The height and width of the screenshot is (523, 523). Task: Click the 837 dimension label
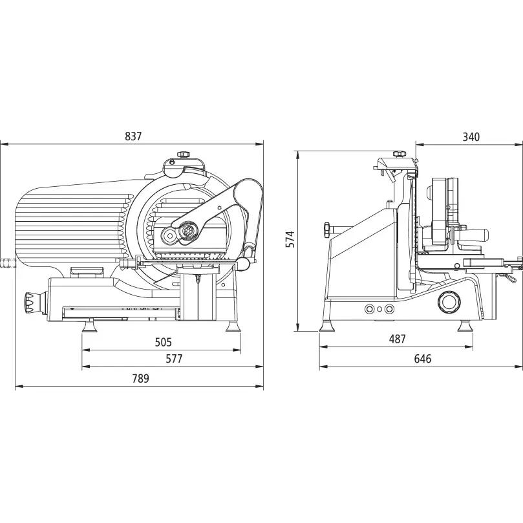point(133,136)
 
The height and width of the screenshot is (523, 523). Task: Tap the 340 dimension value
point(471,137)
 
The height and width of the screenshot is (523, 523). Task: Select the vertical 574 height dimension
point(290,239)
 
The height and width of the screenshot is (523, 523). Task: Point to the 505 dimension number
point(163,342)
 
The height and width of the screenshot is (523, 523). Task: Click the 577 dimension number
point(174,359)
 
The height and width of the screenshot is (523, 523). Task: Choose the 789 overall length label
point(140,379)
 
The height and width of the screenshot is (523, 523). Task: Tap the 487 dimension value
point(397,339)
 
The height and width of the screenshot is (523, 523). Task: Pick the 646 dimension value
point(423,359)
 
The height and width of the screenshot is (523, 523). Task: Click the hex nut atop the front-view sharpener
point(184,155)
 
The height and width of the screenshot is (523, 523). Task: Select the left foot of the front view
point(89,326)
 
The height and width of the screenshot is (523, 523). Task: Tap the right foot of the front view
point(233,326)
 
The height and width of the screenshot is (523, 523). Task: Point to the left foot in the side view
point(327,326)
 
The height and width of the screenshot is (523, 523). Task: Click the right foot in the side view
point(465,326)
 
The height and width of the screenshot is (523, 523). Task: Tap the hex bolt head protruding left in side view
point(326,230)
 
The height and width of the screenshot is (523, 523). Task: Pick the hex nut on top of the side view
point(400,154)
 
